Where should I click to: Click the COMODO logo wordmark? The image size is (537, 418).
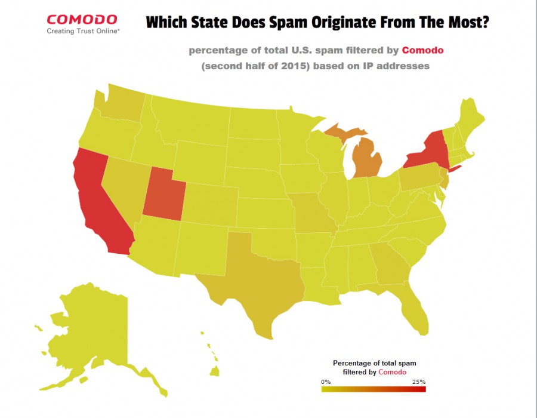click(83, 20)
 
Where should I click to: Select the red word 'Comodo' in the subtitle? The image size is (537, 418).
click(422, 50)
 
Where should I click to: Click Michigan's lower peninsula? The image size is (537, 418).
click(365, 158)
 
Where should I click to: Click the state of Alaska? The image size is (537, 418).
click(89, 328)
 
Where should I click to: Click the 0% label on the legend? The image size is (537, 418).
click(326, 382)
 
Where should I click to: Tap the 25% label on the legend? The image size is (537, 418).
click(418, 382)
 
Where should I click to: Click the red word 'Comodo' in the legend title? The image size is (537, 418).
click(392, 372)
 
